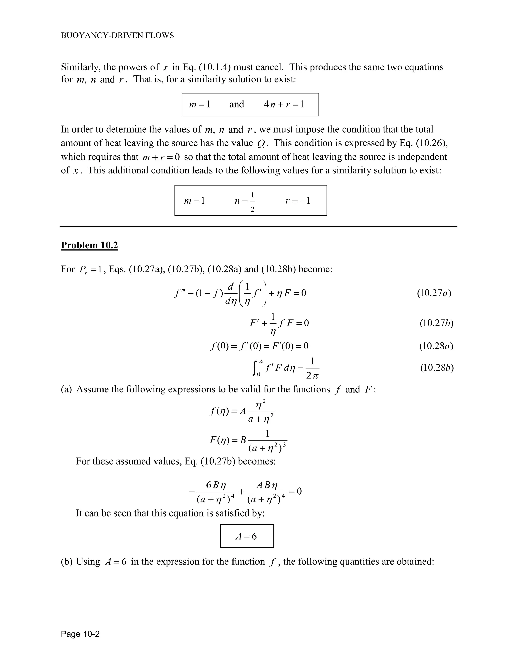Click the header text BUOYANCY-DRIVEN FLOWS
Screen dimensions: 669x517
point(117,36)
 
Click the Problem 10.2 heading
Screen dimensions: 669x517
point(89,245)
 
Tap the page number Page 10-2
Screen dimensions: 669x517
point(80,634)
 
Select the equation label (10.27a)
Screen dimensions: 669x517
point(434,293)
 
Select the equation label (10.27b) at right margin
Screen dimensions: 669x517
point(436,323)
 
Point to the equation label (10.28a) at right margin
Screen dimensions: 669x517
point(436,346)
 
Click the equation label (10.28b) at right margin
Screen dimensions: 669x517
point(436,368)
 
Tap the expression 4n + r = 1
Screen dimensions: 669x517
point(283,105)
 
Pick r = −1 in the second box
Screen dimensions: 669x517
point(298,201)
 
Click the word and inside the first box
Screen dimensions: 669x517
point(237,105)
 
